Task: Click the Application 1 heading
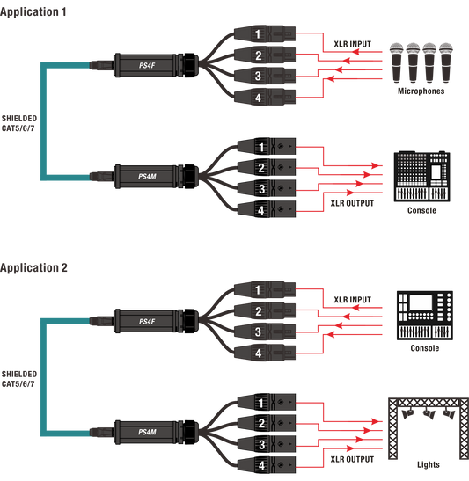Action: coord(33,12)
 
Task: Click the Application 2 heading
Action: coord(33,268)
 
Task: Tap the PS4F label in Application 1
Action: coord(147,65)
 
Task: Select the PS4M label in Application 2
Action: coord(147,433)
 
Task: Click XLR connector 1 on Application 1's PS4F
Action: coord(265,33)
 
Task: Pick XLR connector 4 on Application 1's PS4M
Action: coord(267,210)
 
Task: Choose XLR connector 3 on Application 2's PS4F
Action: coord(265,332)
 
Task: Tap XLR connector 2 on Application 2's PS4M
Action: coord(267,423)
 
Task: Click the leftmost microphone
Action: coord(396,62)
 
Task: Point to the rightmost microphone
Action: coord(446,62)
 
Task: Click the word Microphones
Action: coord(421,91)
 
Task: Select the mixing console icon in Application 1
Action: coord(422,176)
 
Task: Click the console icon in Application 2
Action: coord(425,316)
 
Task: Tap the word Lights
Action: coord(429,465)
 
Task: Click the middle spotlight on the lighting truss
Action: coord(429,414)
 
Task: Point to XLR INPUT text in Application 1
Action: coord(353,44)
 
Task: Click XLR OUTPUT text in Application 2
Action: coord(352,460)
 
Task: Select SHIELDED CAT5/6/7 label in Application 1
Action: coord(19,123)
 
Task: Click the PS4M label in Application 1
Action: coord(147,177)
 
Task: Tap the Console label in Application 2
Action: coord(425,348)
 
